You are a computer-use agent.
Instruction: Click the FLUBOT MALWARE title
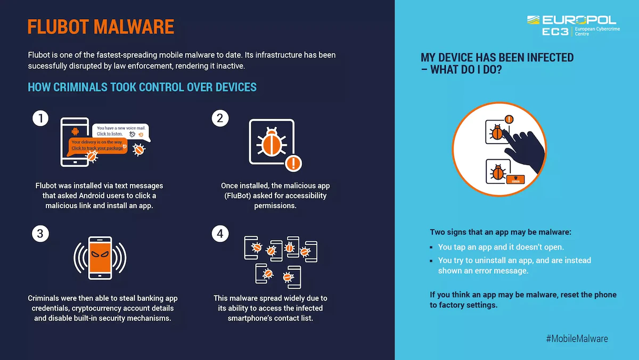[x=101, y=27]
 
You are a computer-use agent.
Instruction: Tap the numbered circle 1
[x=40, y=118]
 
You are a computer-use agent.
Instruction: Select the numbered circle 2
[x=220, y=118]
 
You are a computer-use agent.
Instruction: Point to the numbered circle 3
[x=40, y=233]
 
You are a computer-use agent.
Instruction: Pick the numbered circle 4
[x=220, y=233]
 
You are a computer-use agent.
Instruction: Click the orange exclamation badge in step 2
[x=293, y=162]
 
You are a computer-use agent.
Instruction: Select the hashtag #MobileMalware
[x=577, y=338]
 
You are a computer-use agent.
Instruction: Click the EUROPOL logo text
[x=579, y=20]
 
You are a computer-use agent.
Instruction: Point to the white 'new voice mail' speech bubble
[x=121, y=131]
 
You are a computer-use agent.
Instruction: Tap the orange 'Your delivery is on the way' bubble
[x=98, y=145]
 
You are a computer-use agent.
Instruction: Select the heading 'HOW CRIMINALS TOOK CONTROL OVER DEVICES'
[x=142, y=87]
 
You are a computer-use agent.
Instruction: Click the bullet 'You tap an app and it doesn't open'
[x=501, y=247]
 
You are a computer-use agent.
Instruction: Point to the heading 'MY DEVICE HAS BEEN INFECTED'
[x=497, y=58]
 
